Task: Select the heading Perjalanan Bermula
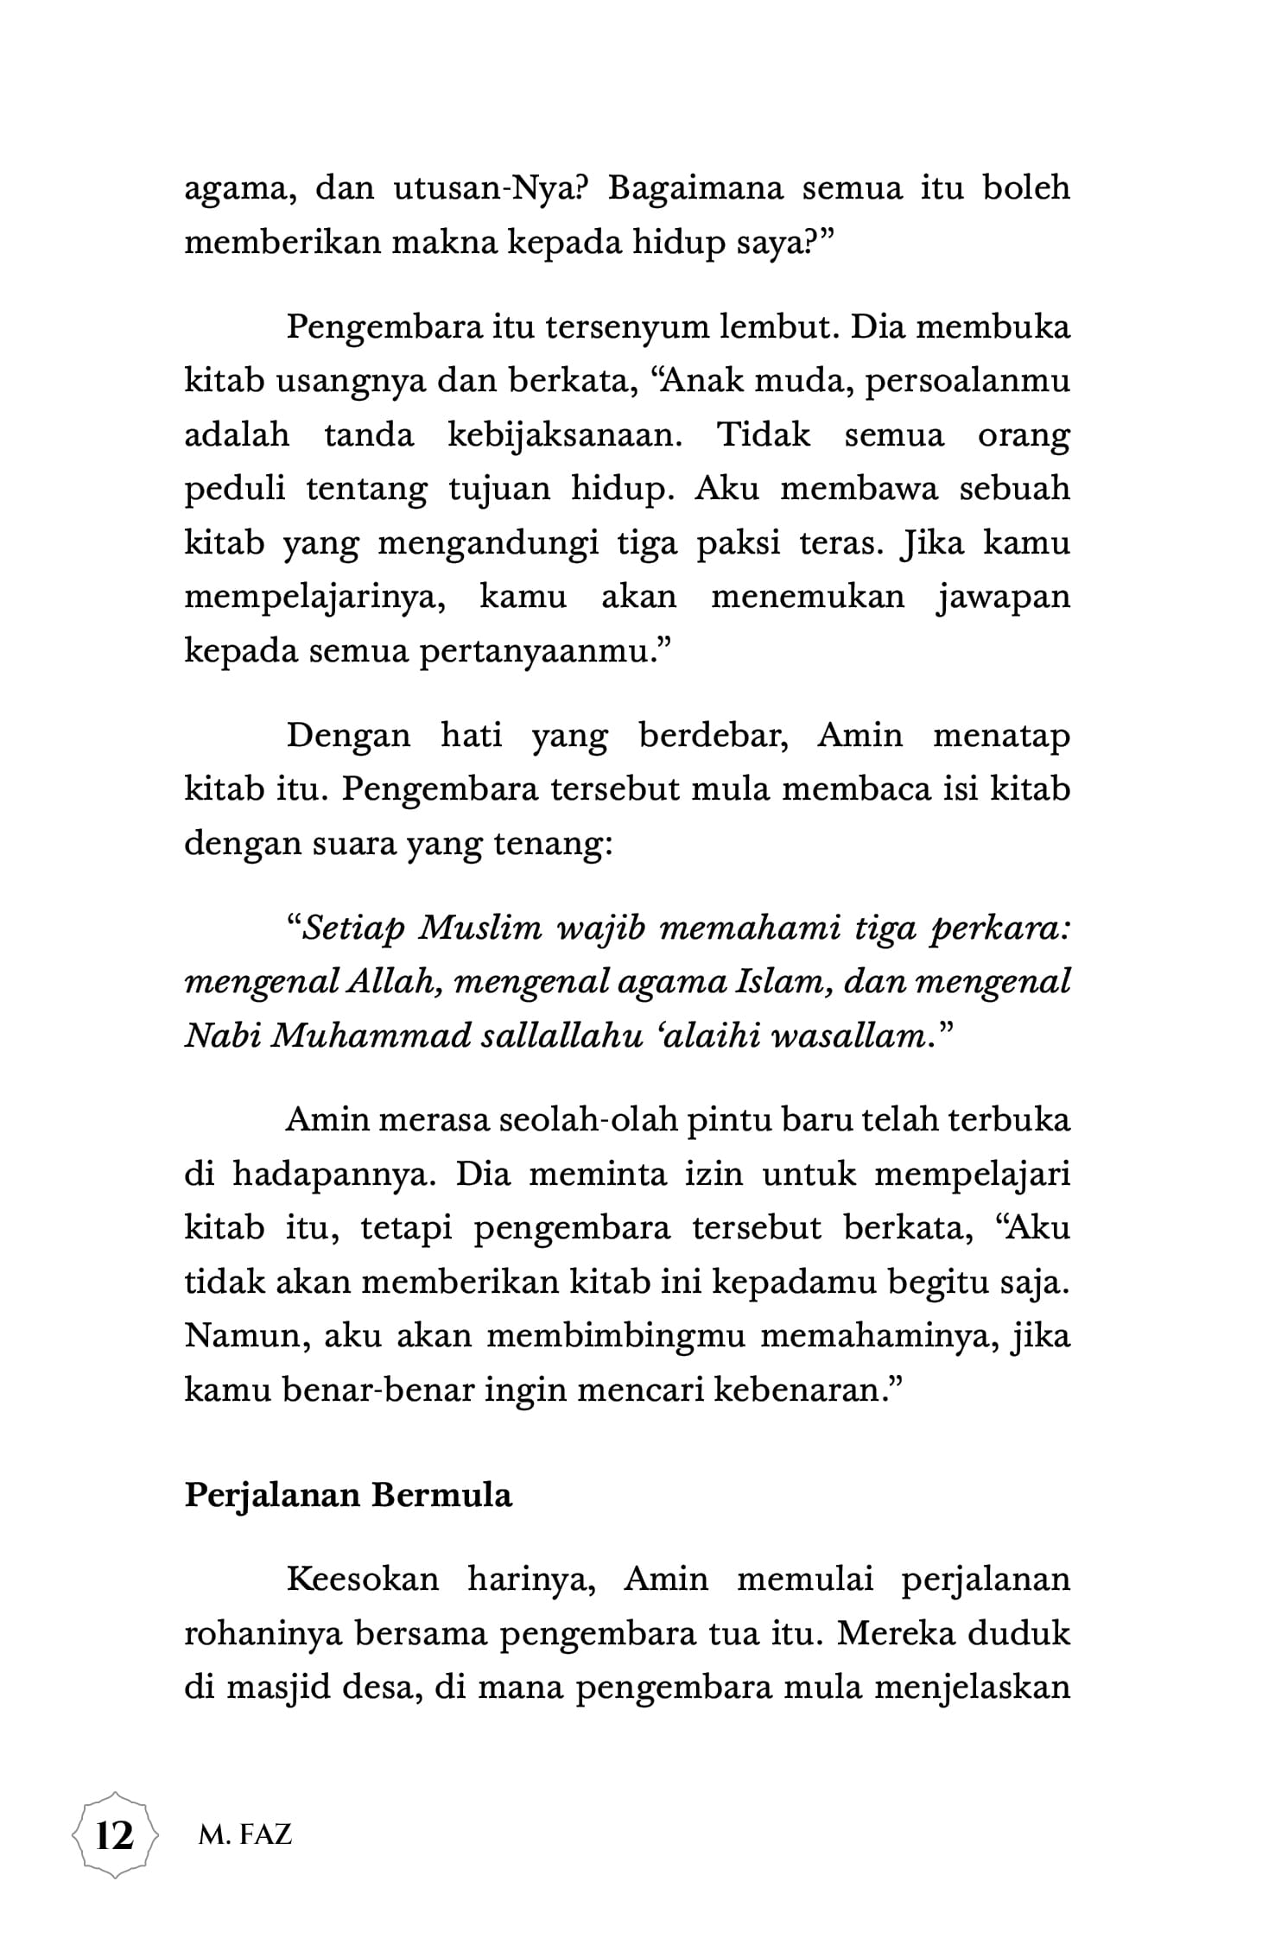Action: [348, 1493]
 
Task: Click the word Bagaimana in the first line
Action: [695, 189]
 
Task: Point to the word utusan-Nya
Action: [491, 189]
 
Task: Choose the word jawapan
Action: [1004, 596]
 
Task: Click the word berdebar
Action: [712, 736]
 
